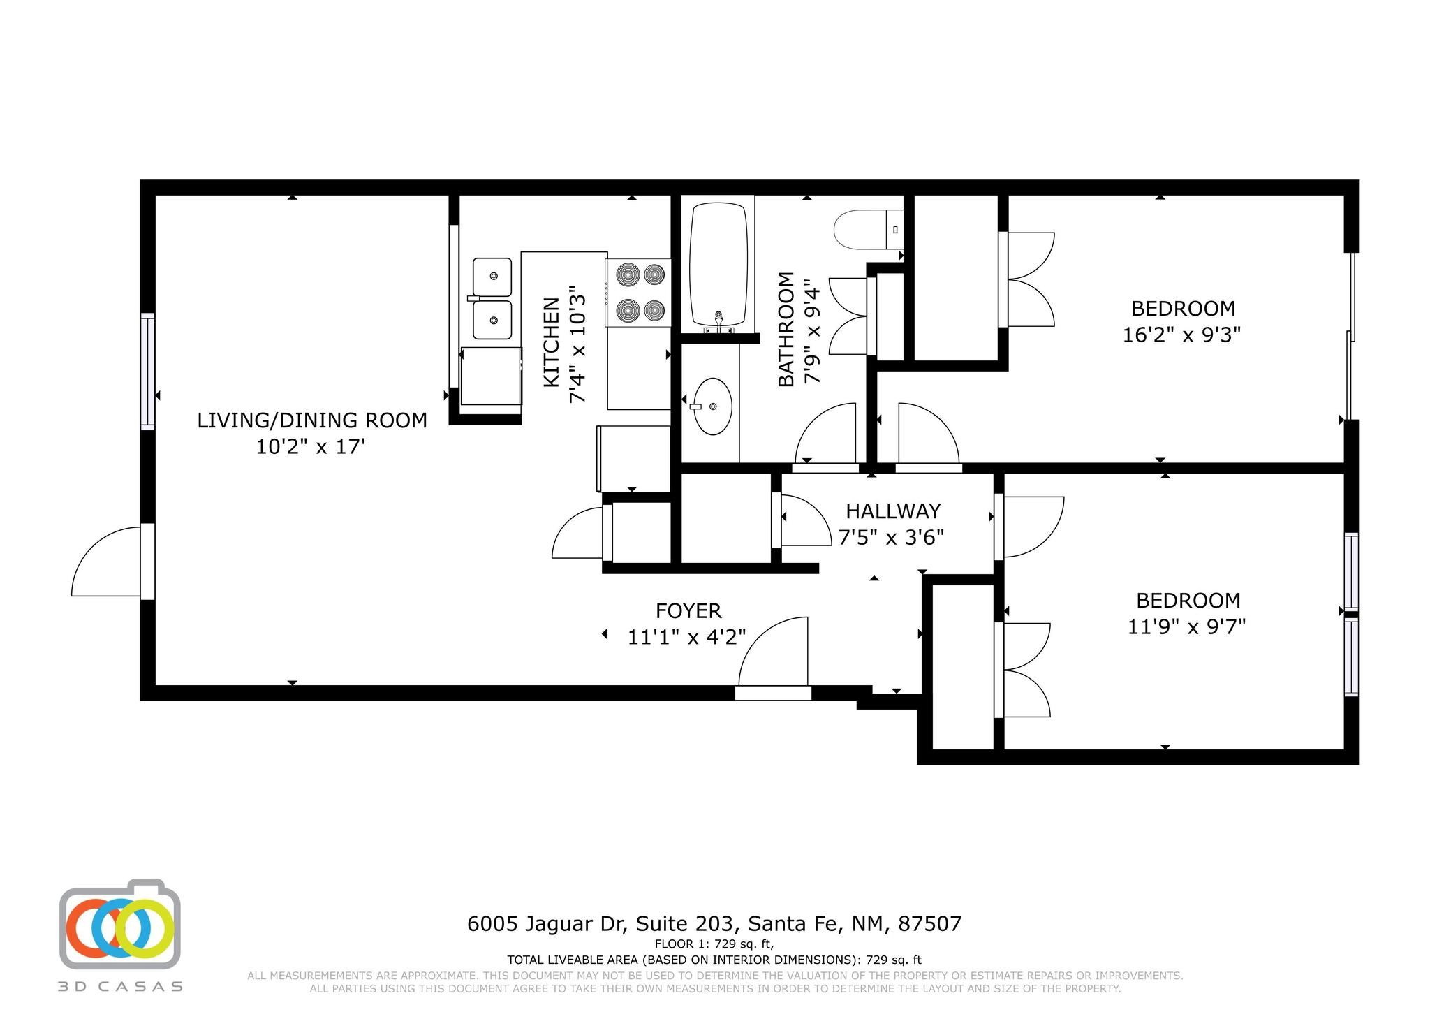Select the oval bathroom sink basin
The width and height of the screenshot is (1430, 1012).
(713, 406)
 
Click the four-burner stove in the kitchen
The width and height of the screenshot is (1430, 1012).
(638, 292)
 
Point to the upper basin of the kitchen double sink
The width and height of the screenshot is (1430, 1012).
(492, 277)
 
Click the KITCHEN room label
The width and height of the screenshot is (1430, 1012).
(552, 342)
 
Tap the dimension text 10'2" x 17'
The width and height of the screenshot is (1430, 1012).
(311, 447)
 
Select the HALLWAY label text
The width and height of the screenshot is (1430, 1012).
(892, 511)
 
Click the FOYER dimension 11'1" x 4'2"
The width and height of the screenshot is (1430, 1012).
(687, 637)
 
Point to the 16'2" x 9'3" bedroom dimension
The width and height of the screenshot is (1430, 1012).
(1181, 335)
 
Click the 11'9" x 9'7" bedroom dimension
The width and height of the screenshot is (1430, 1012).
(1186, 626)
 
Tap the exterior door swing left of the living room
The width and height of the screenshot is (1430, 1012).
(105, 562)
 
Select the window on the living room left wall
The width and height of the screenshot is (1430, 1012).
(147, 372)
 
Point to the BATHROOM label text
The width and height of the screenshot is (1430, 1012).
(786, 328)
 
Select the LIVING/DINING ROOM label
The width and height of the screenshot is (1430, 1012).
(311, 420)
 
